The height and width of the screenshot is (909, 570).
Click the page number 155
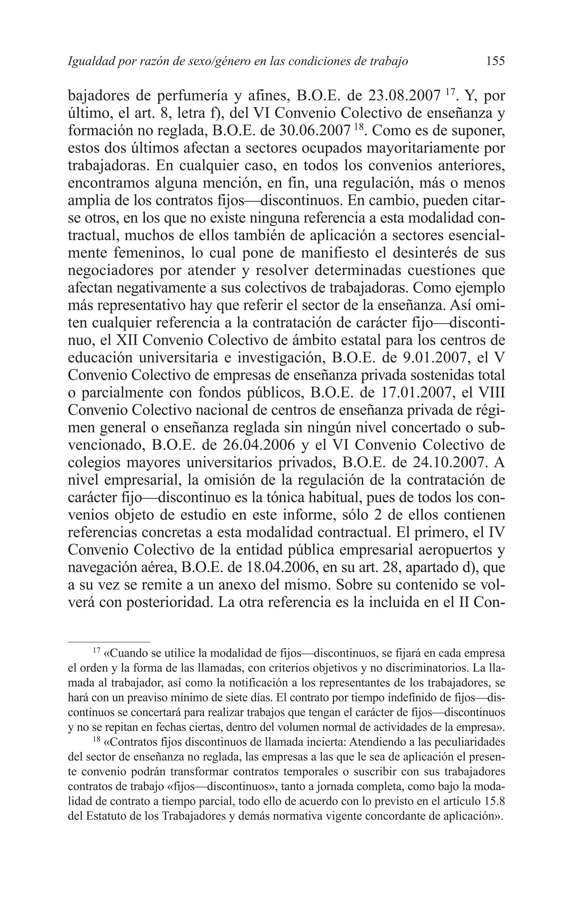(495, 61)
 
